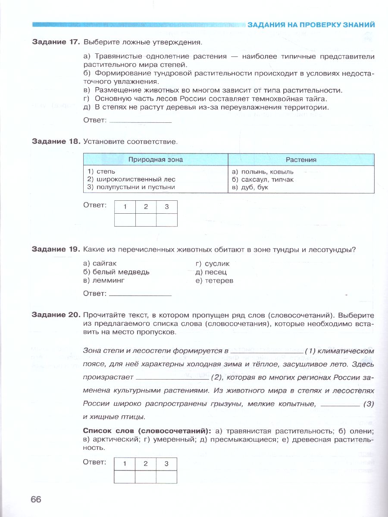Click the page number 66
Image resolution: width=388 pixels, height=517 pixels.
pos(36,499)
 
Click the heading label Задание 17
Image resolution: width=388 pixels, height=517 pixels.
pos(56,42)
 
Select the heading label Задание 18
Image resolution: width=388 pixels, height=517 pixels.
pos(56,141)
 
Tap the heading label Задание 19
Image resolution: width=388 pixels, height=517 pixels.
pos(56,249)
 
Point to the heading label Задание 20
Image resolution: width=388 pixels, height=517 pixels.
pos(56,315)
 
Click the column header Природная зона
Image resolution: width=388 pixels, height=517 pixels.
pos(156,160)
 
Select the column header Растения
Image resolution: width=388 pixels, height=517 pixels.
pos(301,160)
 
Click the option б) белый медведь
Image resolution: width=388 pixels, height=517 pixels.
pos(116,272)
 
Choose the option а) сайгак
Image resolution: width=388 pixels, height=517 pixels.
pos(100,263)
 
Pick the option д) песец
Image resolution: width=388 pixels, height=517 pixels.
pos(211,272)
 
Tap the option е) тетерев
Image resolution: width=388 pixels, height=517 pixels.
pos(214,280)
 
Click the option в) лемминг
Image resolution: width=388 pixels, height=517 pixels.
pos(104,280)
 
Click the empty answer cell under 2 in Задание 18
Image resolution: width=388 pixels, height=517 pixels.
pos(146,220)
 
